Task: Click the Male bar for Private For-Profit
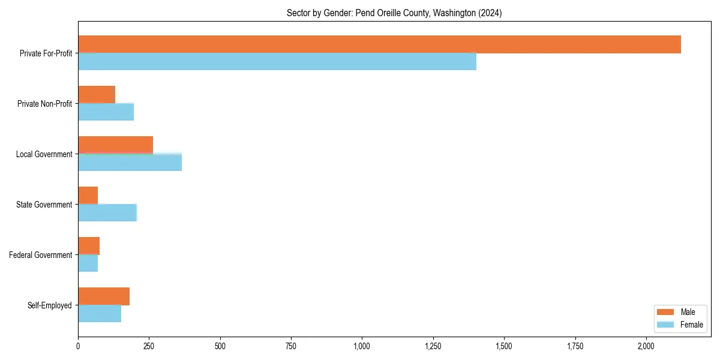[379, 44]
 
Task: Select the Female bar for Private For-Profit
[277, 62]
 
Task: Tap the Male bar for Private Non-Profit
[97, 95]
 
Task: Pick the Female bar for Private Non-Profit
[106, 112]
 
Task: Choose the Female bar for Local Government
[130, 163]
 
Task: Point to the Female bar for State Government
[107, 213]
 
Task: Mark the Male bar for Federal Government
[89, 246]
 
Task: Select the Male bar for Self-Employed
[104, 296]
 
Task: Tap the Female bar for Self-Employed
[100, 314]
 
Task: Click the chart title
[394, 13]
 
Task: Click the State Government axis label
[44, 205]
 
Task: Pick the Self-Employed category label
[50, 305]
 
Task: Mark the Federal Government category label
[41, 255]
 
